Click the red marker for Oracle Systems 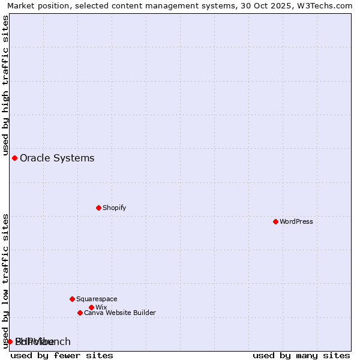point(14,158)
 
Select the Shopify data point point(98,208)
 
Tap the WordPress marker point(275,221)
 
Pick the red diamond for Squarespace point(72,299)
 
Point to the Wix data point point(91,307)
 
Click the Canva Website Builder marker point(80,313)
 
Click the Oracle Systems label point(57,158)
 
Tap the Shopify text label point(114,208)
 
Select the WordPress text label point(296,221)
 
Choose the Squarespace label point(97,299)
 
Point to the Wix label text point(101,307)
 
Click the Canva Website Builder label point(119,313)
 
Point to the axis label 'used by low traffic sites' point(5,281)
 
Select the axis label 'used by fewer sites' point(62,355)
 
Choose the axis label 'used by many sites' point(301,355)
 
